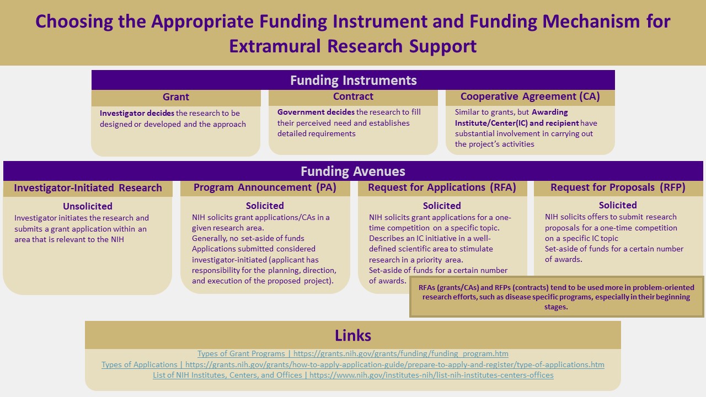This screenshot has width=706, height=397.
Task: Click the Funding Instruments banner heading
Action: (x=354, y=81)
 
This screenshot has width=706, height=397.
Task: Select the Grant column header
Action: (x=176, y=96)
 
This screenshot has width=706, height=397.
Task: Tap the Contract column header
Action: (x=353, y=96)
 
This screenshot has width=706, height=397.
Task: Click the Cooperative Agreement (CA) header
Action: (x=530, y=96)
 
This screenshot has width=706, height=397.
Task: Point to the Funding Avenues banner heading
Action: (x=353, y=171)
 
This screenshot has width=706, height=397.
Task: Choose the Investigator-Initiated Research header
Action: (x=88, y=188)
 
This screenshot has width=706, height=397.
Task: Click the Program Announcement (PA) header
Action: (x=265, y=187)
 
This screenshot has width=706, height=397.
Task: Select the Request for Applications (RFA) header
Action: (x=442, y=187)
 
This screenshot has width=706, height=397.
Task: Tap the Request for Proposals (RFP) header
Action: (x=618, y=187)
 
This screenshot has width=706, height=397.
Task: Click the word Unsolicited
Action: (x=88, y=206)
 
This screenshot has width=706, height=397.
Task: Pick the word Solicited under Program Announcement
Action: (x=265, y=206)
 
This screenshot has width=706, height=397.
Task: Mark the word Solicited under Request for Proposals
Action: (x=618, y=205)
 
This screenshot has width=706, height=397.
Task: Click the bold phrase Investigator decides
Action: (x=137, y=113)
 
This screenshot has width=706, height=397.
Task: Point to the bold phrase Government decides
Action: (x=316, y=112)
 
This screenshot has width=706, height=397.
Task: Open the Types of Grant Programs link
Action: (x=353, y=353)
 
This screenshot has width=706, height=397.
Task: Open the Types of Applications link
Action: (x=353, y=364)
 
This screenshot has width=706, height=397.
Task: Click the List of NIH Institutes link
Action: (x=353, y=375)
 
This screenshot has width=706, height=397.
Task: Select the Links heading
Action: (x=353, y=336)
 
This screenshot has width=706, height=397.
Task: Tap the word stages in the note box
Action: (x=555, y=307)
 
